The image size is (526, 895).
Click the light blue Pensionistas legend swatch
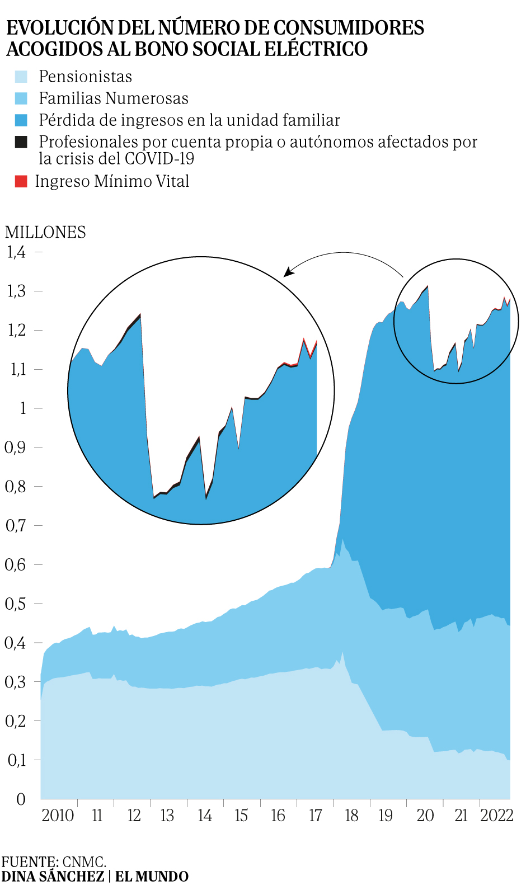click(x=21, y=77)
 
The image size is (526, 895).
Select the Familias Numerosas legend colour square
click(x=21, y=98)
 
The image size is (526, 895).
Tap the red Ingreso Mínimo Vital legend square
click(x=21, y=181)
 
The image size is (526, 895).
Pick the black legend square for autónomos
click(x=21, y=142)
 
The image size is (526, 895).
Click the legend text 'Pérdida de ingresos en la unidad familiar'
click(x=189, y=120)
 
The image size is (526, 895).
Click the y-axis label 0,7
click(x=16, y=525)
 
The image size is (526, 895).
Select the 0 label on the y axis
click(x=21, y=799)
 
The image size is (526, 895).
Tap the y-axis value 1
click(x=23, y=408)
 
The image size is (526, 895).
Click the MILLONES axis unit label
click(x=45, y=232)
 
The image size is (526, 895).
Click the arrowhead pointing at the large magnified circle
click(x=288, y=272)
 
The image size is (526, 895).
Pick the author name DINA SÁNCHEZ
click(x=53, y=877)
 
